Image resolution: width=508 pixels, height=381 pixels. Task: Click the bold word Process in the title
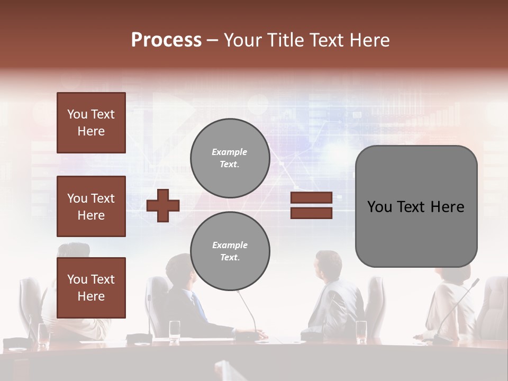coord(166,40)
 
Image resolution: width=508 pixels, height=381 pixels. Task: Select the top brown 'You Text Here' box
coord(91,123)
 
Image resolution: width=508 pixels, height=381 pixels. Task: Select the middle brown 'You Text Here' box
coord(91,206)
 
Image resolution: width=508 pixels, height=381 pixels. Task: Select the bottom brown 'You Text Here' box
coord(91,287)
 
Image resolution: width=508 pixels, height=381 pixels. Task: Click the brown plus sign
coord(163,205)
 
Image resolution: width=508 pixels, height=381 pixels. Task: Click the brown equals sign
coord(311,205)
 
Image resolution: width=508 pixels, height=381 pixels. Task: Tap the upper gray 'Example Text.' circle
coord(230,158)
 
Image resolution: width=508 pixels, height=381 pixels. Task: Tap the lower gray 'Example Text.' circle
coord(230,251)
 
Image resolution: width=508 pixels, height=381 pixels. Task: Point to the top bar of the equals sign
coord(311,198)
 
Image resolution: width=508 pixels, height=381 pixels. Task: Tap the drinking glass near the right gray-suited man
coord(361,330)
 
